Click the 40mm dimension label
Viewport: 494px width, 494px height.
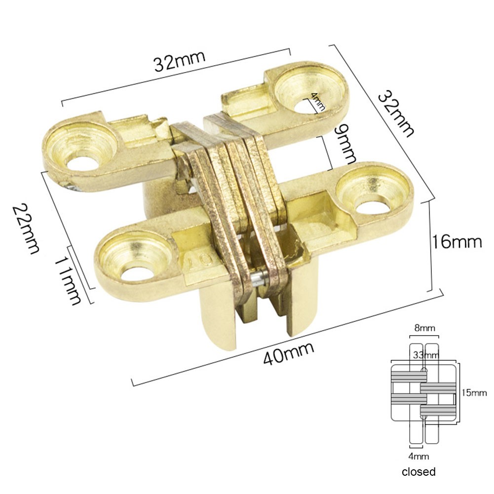tap(289, 353)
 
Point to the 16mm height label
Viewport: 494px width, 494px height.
tap(456, 242)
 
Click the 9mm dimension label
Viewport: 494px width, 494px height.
tap(344, 144)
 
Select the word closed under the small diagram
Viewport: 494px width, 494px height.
tap(418, 471)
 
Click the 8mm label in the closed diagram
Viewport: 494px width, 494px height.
tap(424, 328)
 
